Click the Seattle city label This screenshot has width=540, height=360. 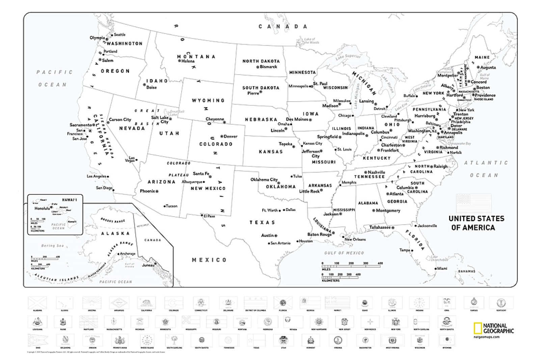[119, 34]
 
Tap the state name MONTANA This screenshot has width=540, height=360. [196, 56]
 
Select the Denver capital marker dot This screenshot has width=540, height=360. [222, 136]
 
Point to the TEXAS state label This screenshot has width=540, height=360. [262, 222]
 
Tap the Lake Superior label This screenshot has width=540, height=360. [348, 57]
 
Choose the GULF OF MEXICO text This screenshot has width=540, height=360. [344, 253]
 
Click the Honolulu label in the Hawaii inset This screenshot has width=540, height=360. [42, 208]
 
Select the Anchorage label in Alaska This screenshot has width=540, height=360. [128, 253]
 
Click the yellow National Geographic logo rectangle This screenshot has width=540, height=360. [477, 328]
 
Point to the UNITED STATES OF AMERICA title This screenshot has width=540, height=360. [476, 223]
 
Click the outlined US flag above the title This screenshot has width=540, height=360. [474, 203]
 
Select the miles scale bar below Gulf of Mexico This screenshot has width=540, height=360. [351, 266]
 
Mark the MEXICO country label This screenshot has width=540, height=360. [209, 260]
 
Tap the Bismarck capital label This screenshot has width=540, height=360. [268, 67]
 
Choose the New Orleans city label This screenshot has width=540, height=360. [355, 239]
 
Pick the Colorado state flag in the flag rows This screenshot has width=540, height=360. [173, 302]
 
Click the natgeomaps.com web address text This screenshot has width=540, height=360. [486, 337]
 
